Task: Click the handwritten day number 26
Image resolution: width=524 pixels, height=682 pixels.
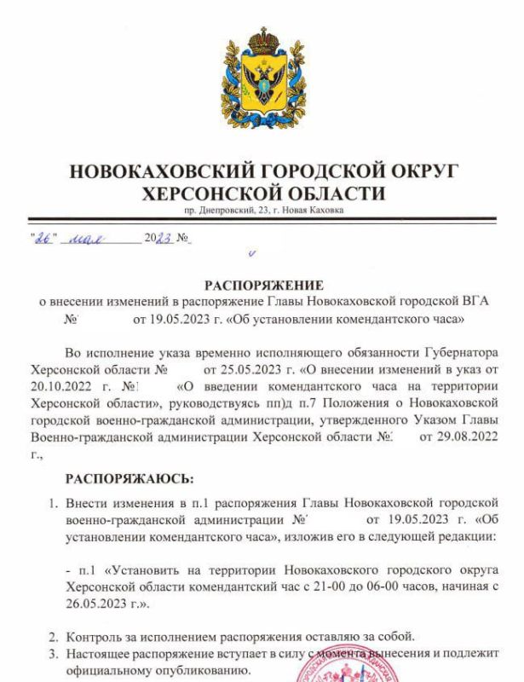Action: [x=41, y=238]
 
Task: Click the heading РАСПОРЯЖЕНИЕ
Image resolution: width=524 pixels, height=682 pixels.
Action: [x=263, y=285]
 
